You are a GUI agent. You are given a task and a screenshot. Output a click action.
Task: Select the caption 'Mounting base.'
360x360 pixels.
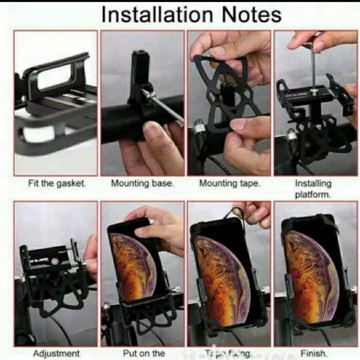point(142,183)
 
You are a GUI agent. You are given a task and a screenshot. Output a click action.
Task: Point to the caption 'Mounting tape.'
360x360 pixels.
point(229,183)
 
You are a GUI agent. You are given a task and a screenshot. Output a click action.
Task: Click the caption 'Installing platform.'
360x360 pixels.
point(313,189)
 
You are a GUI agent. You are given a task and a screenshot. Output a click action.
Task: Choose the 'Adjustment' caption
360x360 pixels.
point(56,353)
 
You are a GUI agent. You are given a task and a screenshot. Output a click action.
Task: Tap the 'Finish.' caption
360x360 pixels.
point(314,353)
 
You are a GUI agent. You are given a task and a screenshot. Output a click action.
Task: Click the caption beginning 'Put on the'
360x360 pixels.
point(142,353)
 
